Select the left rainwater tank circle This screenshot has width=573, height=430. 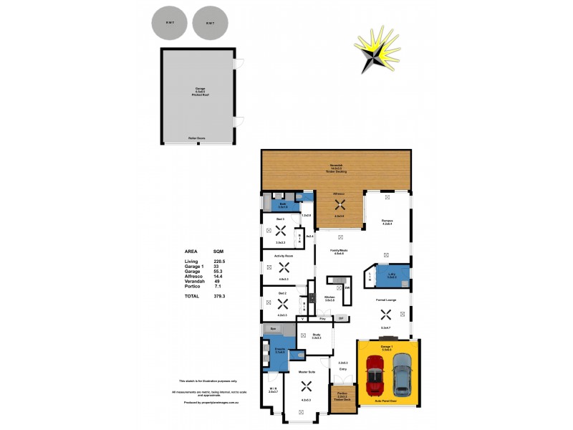click(x=170, y=23)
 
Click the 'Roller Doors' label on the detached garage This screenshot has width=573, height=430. click(x=197, y=138)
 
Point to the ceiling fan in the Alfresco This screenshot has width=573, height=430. click(x=340, y=204)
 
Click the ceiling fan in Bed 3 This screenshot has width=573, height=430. click(x=281, y=231)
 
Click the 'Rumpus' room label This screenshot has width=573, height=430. click(x=387, y=221)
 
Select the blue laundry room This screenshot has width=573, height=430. click(x=393, y=276)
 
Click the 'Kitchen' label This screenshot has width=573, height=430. click(x=329, y=297)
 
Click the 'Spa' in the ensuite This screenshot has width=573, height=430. click(x=273, y=328)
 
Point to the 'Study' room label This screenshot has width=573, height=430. click(x=316, y=334)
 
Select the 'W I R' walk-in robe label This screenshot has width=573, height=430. click(x=272, y=389)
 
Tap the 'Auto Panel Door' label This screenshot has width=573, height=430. click(x=387, y=401)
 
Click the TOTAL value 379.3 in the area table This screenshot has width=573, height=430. click(x=220, y=295)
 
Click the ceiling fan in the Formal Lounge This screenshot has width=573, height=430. click(x=386, y=313)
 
